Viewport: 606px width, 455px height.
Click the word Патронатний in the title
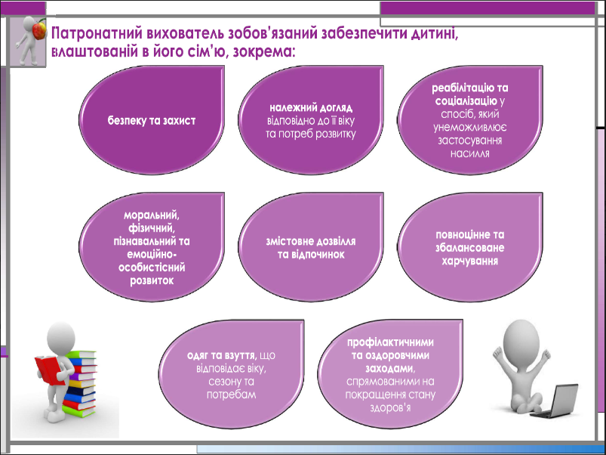pos(97,33)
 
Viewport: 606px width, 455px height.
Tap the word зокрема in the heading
pos(262,51)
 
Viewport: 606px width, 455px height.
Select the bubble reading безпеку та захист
pos(152,120)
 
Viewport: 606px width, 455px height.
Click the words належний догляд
pos(311,107)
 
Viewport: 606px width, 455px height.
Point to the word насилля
pos(470,153)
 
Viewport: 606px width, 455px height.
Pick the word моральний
pos(152,215)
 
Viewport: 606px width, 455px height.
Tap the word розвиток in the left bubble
pos(152,280)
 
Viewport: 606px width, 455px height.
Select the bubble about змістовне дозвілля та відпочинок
pos(311,247)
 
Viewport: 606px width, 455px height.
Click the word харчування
pos(470,261)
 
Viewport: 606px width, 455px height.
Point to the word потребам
pos(232,395)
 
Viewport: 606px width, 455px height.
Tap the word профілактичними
pos(390,342)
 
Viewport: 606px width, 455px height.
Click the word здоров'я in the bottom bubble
pos(390,408)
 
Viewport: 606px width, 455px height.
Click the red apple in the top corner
pos(39,30)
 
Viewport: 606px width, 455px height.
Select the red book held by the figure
pos(49,370)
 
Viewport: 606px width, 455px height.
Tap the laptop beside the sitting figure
pos(556,401)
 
